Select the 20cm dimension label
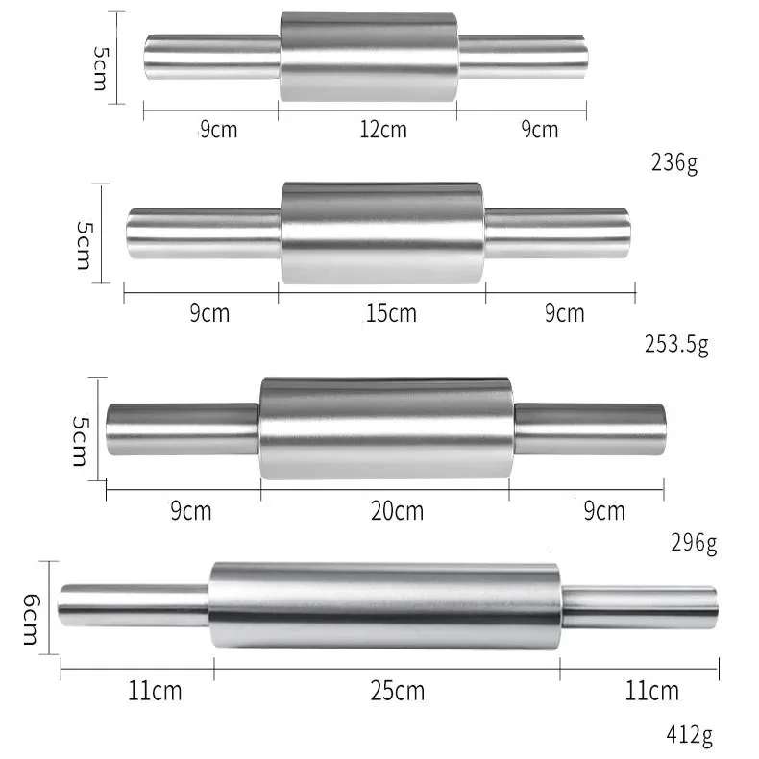pyautogui.click(x=397, y=511)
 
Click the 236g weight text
pyautogui.click(x=673, y=161)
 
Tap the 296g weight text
pyautogui.click(x=692, y=544)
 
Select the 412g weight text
pyautogui.click(x=689, y=737)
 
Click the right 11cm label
pyautogui.click(x=651, y=690)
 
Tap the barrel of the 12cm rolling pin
pyautogui.click(x=369, y=57)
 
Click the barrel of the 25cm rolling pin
pyautogui.click(x=384, y=605)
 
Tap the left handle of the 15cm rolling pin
pyautogui.click(x=203, y=232)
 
